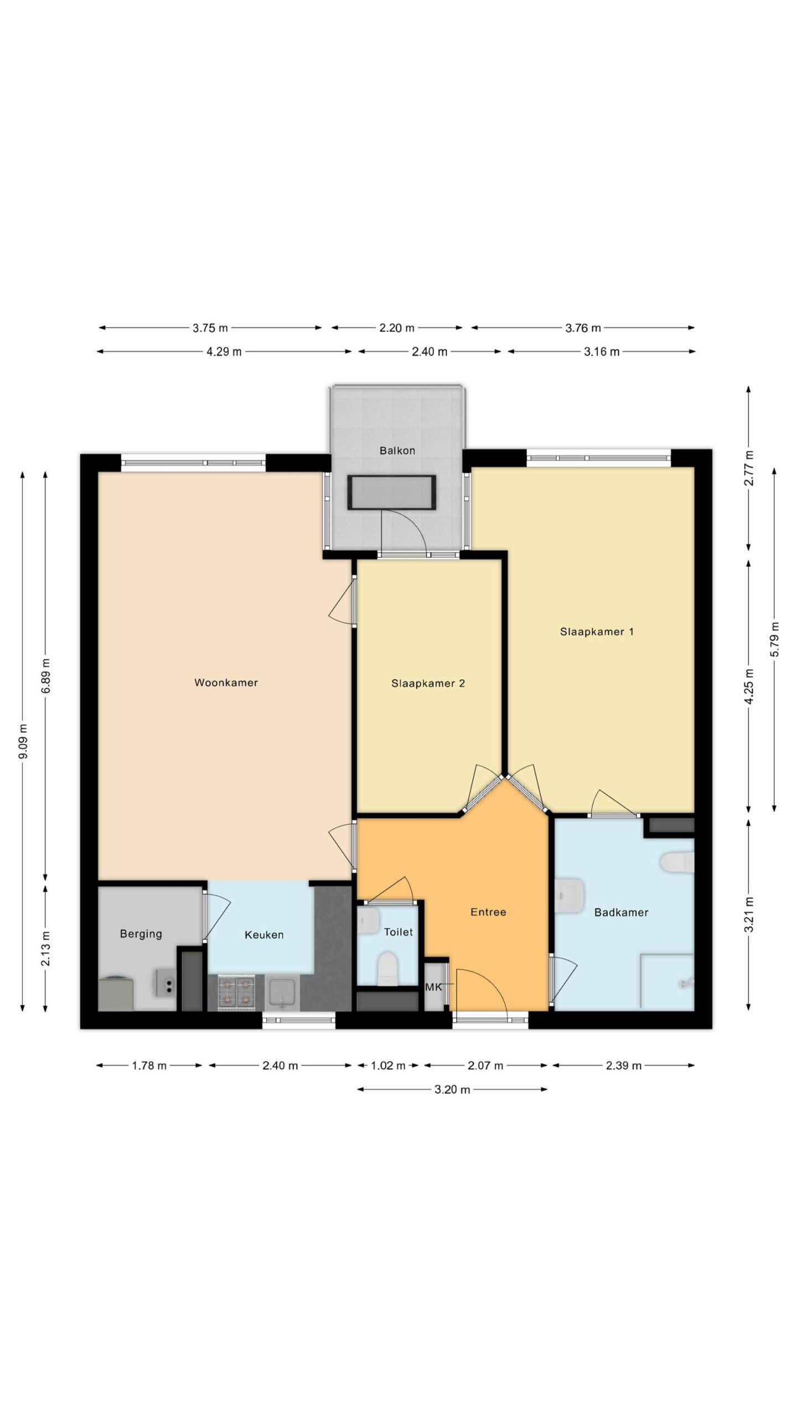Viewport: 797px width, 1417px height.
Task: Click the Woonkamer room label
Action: tap(226, 682)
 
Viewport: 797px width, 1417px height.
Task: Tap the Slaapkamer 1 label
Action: tap(597, 632)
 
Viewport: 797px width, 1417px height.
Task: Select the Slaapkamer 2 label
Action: tap(428, 683)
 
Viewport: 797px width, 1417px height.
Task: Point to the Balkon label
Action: tap(397, 451)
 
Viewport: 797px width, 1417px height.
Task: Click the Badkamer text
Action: tap(621, 912)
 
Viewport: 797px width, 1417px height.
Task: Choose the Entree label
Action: tap(488, 912)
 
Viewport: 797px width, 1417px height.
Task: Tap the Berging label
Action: tap(141, 934)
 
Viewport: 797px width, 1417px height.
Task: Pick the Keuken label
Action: tap(264, 935)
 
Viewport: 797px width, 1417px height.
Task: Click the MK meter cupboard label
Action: tap(433, 987)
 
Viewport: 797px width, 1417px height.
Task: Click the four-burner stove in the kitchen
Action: tap(236, 992)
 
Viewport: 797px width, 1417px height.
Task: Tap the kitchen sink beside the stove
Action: tap(282, 992)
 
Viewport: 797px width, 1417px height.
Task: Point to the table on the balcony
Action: tap(391, 492)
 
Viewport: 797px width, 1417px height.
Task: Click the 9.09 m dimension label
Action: tap(23, 742)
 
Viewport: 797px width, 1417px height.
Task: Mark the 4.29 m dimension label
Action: tap(224, 351)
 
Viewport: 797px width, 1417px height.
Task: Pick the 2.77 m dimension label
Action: tap(749, 468)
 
